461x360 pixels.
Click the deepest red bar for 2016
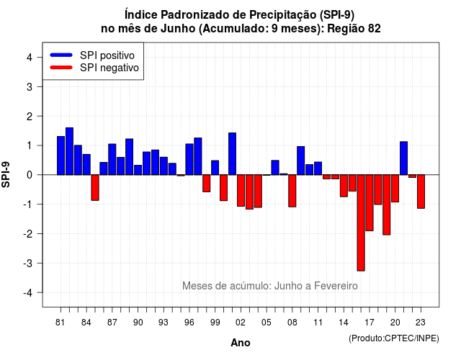(361, 222)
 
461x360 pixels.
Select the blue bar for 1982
(69, 151)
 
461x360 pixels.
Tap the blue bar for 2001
(232, 153)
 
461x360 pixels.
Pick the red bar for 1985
(95, 187)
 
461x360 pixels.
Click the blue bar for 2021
(403, 158)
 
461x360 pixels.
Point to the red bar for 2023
(421, 192)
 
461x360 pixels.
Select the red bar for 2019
(387, 204)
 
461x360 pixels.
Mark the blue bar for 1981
(61, 156)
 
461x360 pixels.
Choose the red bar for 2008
(292, 191)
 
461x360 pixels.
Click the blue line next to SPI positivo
(61, 55)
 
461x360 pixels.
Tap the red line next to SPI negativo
(61, 67)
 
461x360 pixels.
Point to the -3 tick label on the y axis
(28, 263)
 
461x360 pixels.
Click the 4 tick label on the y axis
(30, 57)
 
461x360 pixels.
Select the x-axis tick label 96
(189, 323)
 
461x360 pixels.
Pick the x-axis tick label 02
(241, 323)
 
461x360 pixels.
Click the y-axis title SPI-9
(6, 174)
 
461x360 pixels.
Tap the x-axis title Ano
(241, 343)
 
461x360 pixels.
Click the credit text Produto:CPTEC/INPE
(394, 338)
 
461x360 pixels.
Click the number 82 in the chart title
(374, 29)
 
